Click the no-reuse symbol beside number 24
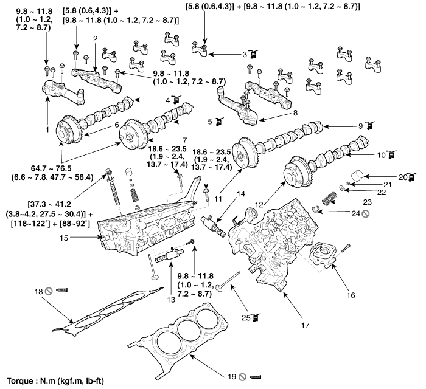[365, 214]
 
